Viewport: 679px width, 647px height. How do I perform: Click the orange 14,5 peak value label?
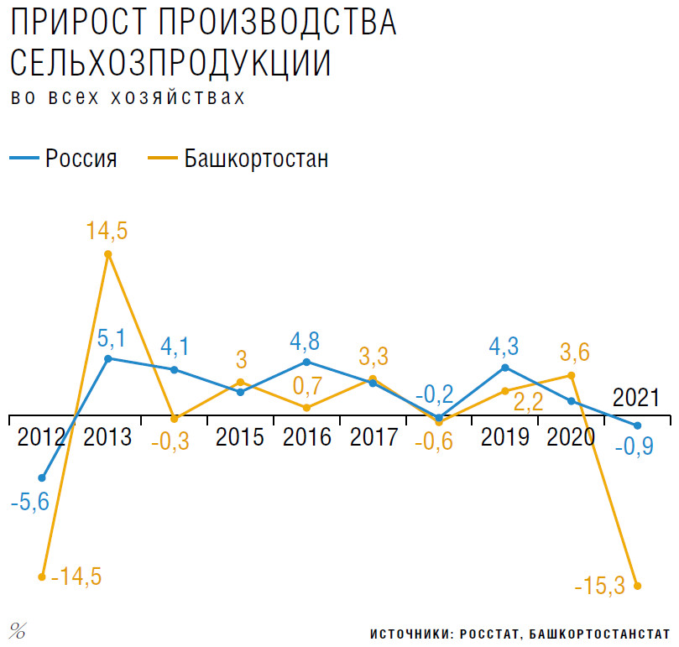pos(107,232)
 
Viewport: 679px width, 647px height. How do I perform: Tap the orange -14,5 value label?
pos(76,577)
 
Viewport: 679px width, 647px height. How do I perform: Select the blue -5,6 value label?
pos(29,503)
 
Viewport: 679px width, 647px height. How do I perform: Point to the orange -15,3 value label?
pos(599,586)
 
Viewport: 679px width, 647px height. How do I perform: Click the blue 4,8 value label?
pos(306,342)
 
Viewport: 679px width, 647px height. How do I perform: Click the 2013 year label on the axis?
pos(107,437)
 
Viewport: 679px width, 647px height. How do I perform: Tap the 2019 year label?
pos(506,437)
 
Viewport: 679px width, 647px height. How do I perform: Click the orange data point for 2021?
pos(638,586)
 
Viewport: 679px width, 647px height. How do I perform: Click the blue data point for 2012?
pos(42,478)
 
